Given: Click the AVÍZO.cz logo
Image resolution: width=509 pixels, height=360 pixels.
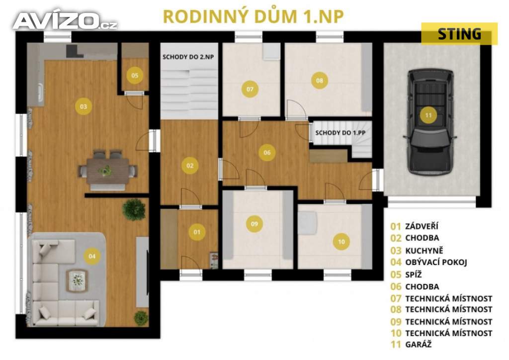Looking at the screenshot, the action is (x=65, y=21).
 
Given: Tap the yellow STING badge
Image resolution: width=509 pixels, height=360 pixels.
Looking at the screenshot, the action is (x=459, y=34).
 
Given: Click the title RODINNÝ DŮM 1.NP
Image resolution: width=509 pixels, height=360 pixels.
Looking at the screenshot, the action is (x=253, y=16).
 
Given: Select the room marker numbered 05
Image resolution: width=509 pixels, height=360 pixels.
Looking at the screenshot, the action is (x=135, y=75).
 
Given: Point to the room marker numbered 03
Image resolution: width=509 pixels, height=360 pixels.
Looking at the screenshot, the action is (x=84, y=106).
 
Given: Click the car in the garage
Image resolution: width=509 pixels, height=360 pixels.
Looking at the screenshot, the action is (x=430, y=122).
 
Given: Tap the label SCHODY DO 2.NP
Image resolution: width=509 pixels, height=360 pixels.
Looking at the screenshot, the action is (x=188, y=57).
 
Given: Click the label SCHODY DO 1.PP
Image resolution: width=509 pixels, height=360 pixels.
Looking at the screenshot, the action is (x=340, y=133).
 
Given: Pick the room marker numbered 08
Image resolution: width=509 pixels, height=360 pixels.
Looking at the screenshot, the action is (x=320, y=80).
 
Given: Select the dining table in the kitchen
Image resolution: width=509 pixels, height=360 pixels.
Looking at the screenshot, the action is (x=108, y=170).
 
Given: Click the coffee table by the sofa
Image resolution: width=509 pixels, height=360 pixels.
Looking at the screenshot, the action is (x=77, y=280).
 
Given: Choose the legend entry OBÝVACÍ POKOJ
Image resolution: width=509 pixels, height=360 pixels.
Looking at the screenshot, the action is (x=428, y=262).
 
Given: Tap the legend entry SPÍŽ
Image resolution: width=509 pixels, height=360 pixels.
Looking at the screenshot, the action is (x=406, y=274).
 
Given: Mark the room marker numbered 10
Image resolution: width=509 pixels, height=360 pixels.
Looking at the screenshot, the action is (x=341, y=242).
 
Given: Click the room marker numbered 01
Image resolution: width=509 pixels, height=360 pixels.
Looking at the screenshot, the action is (x=197, y=232).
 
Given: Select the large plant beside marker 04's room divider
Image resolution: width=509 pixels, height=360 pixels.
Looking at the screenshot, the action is (x=134, y=209).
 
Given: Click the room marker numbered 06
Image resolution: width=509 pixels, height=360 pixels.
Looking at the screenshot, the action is (x=267, y=153).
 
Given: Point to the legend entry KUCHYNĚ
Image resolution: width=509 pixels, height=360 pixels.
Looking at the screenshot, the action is (x=417, y=251).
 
